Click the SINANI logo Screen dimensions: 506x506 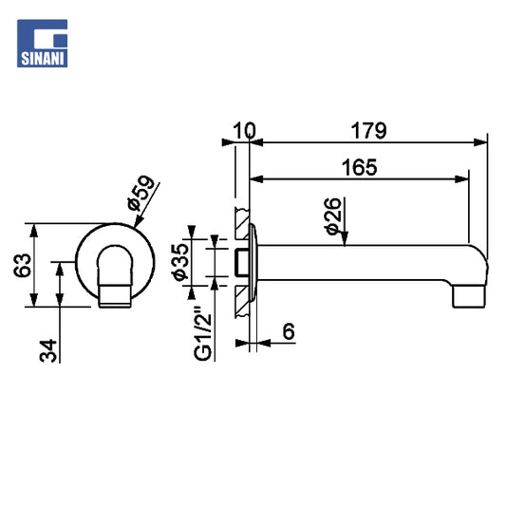tap(43, 44)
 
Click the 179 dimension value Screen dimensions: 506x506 tap(368, 131)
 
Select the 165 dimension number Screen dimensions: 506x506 tap(359, 167)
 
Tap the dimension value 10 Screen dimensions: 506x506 tap(244, 131)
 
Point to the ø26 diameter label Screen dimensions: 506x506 tap(332, 216)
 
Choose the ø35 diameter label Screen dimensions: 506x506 tap(180, 262)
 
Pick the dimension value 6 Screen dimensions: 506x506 tap(289, 331)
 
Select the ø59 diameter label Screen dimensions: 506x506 tap(141, 193)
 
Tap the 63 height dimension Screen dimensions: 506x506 tap(22, 266)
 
